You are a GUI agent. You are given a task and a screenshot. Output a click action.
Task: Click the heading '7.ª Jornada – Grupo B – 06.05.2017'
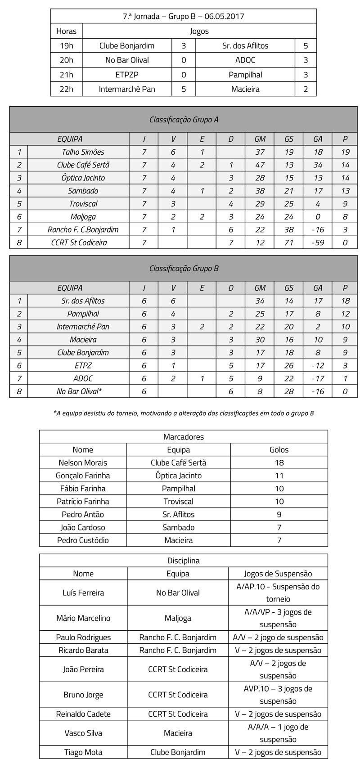pyautogui.click(x=183, y=17)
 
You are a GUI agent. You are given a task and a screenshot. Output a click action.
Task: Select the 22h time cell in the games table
pyautogui.click(x=66, y=89)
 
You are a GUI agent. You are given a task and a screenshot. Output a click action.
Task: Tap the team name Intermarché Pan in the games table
pyautogui.click(x=127, y=89)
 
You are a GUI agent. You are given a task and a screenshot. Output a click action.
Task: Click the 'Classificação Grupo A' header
pyautogui.click(x=184, y=120)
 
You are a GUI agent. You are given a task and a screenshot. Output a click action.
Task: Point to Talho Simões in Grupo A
pyautogui.click(x=83, y=152)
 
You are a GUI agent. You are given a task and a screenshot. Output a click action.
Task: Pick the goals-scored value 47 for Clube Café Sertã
pyautogui.click(x=260, y=165)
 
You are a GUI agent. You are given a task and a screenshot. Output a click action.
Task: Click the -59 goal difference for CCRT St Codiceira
pyautogui.click(x=318, y=243)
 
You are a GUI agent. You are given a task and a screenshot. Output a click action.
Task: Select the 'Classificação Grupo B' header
pyautogui.click(x=184, y=269)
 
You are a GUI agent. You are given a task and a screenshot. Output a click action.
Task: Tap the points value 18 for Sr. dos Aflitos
pyautogui.click(x=345, y=301)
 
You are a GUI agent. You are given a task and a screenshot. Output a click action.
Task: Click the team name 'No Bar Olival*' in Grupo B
pyautogui.click(x=79, y=391)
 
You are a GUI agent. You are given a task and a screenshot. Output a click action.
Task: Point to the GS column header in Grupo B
pyautogui.click(x=288, y=288)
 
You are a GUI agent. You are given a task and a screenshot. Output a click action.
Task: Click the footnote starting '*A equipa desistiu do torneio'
pyautogui.click(x=183, y=413)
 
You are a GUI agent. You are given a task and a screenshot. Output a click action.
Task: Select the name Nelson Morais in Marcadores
pyautogui.click(x=83, y=463)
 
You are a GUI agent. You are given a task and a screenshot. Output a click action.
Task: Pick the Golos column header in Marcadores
pyautogui.click(x=279, y=449)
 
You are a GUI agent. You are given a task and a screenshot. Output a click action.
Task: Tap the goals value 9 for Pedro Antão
pyautogui.click(x=279, y=514)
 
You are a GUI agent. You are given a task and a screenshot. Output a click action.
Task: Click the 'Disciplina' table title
pyautogui.click(x=183, y=561)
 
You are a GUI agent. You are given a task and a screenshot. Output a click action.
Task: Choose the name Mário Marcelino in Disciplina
pyautogui.click(x=83, y=618)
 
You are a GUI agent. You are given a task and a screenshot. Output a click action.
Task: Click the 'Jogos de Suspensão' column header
pyautogui.click(x=278, y=574)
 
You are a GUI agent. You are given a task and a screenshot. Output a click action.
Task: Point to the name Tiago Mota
pyautogui.click(x=83, y=752)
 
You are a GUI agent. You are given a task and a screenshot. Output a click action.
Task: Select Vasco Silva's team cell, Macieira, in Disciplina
pyautogui.click(x=178, y=733)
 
